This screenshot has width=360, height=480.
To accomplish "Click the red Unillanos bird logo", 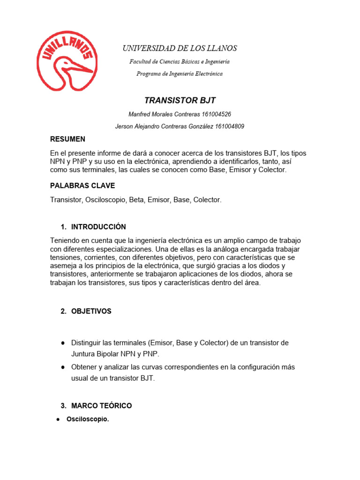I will [x=67, y=61].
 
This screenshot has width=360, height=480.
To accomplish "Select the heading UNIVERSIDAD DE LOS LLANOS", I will [x=180, y=48].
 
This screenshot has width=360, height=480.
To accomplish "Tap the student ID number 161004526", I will [x=217, y=114].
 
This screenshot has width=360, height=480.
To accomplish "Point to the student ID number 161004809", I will [x=229, y=126].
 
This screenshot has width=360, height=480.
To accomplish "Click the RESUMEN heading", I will [x=67, y=139].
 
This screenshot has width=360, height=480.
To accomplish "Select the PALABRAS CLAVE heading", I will [x=82, y=186].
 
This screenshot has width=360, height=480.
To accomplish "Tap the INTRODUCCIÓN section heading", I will [x=98, y=227].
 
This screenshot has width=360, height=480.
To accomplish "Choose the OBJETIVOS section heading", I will [x=91, y=311].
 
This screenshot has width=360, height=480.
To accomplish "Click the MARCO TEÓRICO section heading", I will [x=101, y=405].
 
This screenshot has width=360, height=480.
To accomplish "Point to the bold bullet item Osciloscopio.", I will [x=88, y=420].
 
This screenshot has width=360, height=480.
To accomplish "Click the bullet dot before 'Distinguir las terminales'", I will [x=62, y=343].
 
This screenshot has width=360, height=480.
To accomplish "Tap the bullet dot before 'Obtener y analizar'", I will [x=62, y=367].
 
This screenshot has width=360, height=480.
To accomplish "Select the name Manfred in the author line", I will [x=139, y=114].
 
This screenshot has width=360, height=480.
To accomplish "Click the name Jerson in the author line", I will [x=124, y=126].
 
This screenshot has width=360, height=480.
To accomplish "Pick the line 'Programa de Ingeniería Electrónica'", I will [x=180, y=74].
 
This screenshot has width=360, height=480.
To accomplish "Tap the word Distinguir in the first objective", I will [x=87, y=343].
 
